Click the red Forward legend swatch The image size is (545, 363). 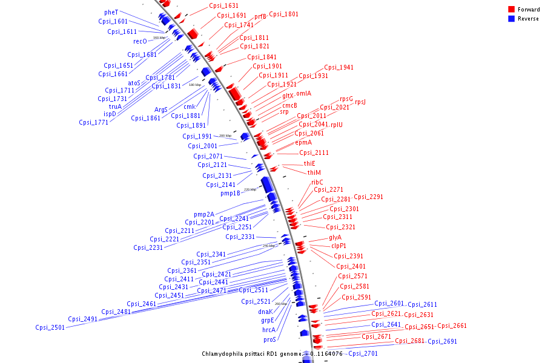512,10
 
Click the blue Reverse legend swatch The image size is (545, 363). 512,19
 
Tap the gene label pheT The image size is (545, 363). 111,12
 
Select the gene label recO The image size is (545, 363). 140,41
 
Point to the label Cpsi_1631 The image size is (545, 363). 223,5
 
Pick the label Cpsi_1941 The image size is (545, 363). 339,67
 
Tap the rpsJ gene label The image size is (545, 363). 360,102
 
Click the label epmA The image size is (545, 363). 303,142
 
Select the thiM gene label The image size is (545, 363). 314,172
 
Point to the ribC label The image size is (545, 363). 317,182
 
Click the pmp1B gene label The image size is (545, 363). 231,193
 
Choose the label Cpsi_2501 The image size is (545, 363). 50,327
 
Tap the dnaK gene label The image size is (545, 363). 265,312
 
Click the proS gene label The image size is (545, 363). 269,339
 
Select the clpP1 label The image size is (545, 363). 339,246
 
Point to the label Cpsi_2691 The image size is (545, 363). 442,341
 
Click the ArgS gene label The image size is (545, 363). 160,110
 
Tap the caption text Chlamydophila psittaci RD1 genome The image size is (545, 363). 251,353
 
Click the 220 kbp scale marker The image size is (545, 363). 250,189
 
